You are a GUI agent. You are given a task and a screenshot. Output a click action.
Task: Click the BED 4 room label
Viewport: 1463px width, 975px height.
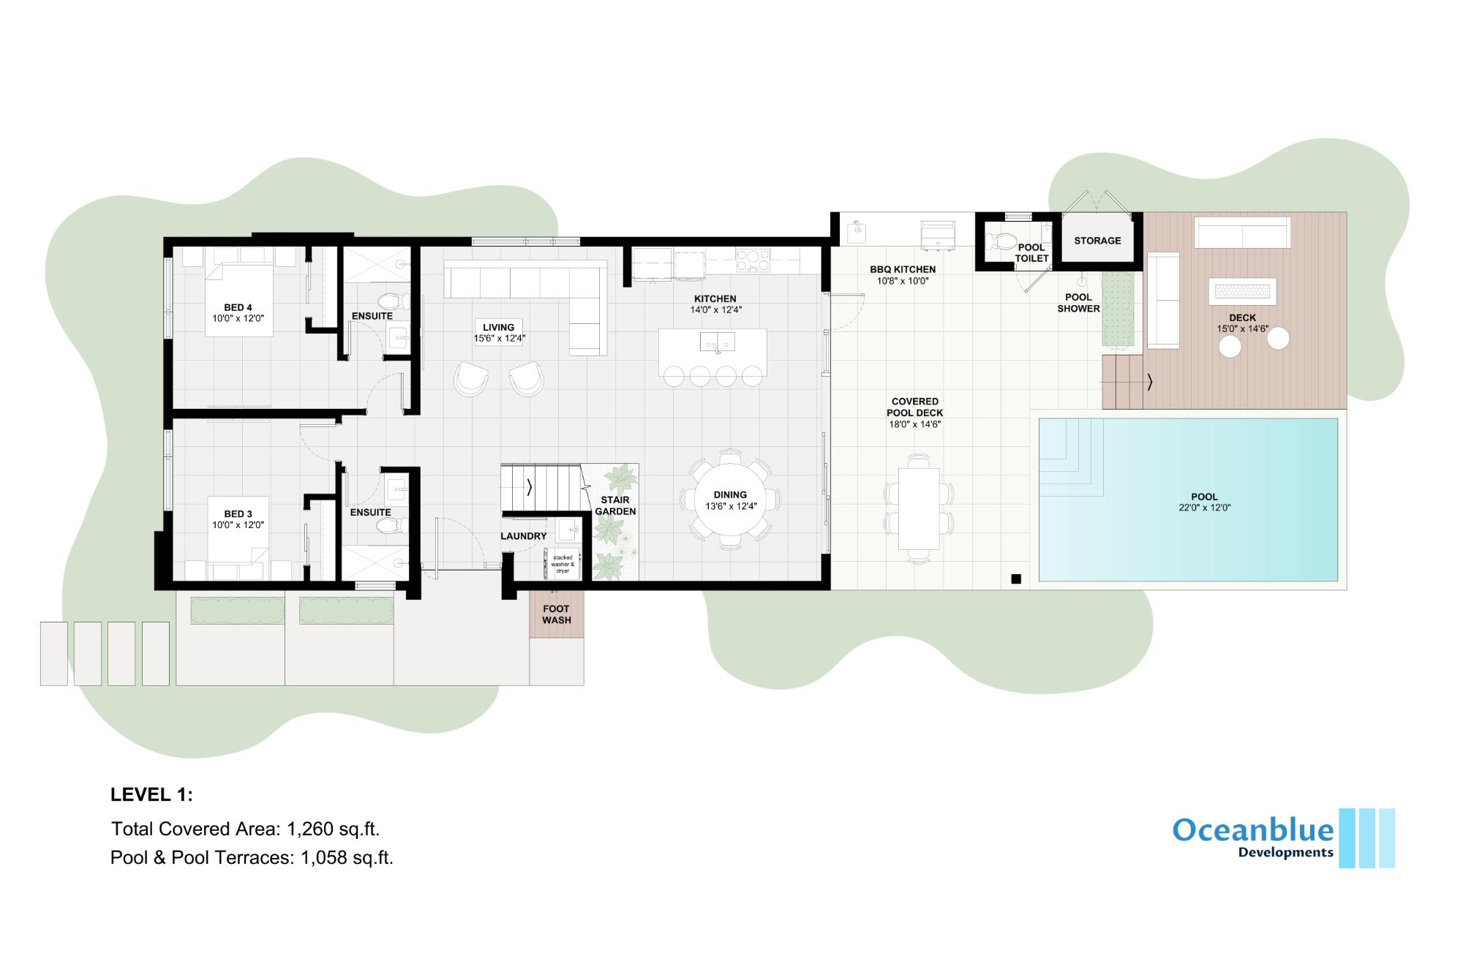tap(238, 307)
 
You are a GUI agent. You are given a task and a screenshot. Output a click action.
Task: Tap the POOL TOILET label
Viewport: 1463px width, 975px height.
tap(1031, 253)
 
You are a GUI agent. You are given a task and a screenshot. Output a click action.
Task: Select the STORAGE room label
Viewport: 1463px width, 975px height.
tap(1097, 241)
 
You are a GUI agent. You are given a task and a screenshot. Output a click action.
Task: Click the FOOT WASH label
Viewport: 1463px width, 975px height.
tap(557, 614)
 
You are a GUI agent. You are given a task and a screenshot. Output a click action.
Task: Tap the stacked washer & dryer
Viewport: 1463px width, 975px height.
tap(562, 564)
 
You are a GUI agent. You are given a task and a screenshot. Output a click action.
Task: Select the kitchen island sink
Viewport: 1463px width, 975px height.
tap(718, 341)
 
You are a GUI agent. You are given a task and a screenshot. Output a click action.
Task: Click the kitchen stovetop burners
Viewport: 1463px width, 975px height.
tap(752, 261)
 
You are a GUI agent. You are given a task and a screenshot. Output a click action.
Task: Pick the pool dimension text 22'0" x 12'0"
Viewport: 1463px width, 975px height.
tap(1204, 508)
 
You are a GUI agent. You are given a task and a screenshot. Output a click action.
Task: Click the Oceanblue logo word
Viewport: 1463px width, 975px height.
tap(1253, 830)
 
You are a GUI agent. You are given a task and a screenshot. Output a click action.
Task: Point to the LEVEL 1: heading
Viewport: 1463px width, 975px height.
tap(151, 795)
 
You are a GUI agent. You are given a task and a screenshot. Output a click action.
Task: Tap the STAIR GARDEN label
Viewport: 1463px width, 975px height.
tap(615, 505)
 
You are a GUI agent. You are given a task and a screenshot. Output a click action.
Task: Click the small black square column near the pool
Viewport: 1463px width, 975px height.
tap(1015, 579)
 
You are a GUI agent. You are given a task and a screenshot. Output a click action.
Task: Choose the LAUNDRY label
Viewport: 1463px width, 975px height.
tap(524, 536)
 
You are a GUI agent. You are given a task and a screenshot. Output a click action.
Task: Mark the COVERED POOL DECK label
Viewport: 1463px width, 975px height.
tap(915, 407)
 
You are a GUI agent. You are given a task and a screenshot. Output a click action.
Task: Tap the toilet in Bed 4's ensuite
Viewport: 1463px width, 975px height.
tap(393, 301)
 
